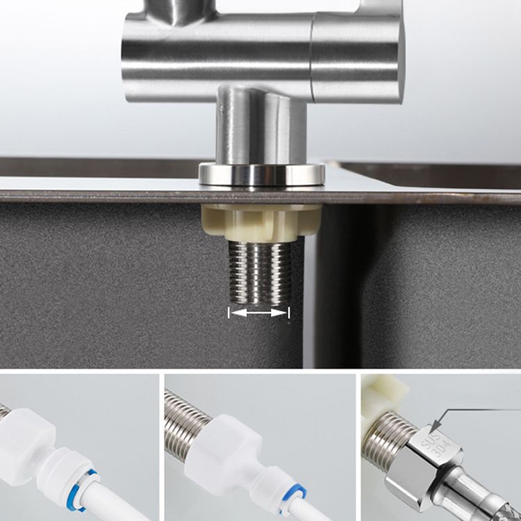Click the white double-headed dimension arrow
click(259, 313)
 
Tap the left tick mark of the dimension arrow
click(229, 313)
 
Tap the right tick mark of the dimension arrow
click(289, 313)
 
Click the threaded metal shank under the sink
click(259, 274)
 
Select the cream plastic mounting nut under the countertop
click(260, 221)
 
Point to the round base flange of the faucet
click(261, 174)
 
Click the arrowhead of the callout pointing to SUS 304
click(434, 425)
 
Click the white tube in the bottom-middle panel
click(326, 511)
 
